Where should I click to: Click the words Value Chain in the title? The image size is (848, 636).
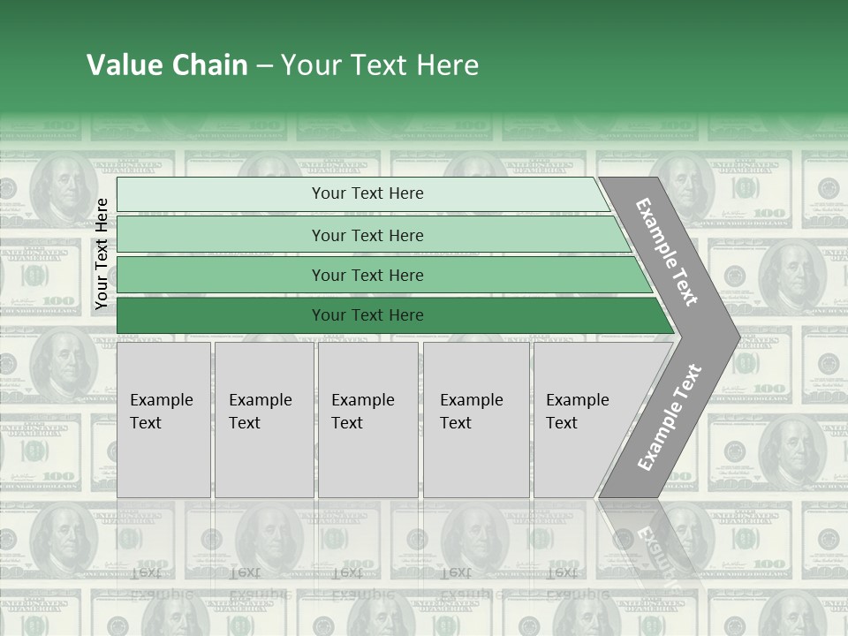pos(167,65)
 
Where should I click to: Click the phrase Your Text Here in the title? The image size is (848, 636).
pos(380,65)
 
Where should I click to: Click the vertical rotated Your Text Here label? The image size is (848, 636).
pos(102,254)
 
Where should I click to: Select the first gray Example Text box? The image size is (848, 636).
pos(163,420)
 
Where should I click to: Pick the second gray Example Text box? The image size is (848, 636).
pos(263,420)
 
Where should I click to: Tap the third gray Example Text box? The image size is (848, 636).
pos(367,420)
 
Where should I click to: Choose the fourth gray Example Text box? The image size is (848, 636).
pos(476,420)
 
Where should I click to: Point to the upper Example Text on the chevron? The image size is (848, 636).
pos(667,252)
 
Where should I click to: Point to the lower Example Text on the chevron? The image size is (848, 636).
pos(669,418)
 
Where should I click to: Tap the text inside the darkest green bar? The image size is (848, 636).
pos(367,315)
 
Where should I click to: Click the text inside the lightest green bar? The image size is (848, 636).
pos(367,193)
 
